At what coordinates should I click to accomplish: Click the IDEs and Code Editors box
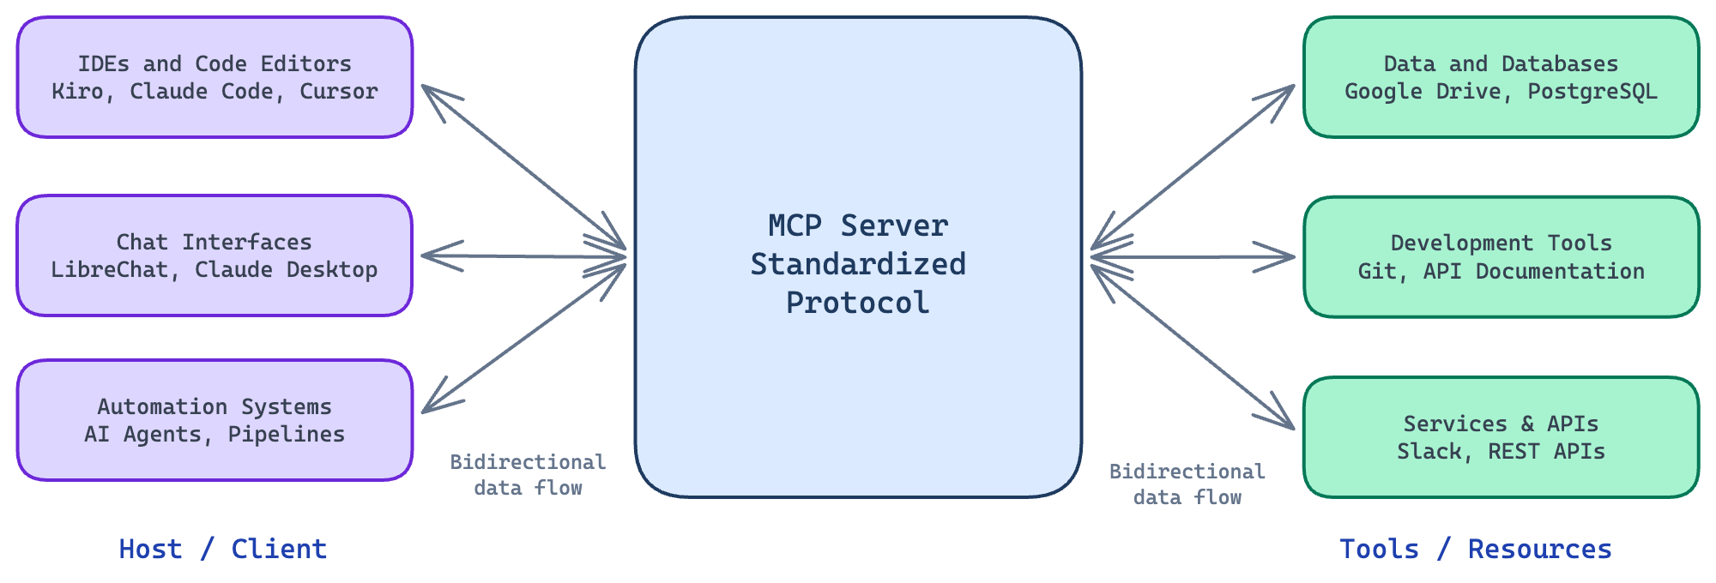(x=214, y=77)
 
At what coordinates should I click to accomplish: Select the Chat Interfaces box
(x=214, y=255)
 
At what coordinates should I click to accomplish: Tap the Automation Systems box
(x=214, y=420)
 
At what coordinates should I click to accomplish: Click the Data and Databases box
(x=1501, y=77)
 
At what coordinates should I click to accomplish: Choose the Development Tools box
(x=1501, y=257)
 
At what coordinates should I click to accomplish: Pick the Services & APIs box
(x=1501, y=437)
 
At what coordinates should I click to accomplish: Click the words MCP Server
(x=858, y=225)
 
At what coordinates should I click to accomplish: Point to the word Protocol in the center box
(x=858, y=303)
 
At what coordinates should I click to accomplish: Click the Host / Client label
(x=223, y=549)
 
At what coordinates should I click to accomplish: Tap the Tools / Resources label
(x=1476, y=549)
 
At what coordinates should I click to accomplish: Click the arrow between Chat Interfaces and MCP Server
(x=524, y=256)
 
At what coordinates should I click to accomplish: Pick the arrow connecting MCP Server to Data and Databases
(x=1193, y=167)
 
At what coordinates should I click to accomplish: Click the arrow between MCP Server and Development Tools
(x=1193, y=256)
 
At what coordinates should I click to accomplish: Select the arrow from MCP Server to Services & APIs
(x=1193, y=346)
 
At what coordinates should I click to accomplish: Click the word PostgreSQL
(x=1592, y=92)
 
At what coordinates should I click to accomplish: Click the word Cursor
(x=338, y=92)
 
